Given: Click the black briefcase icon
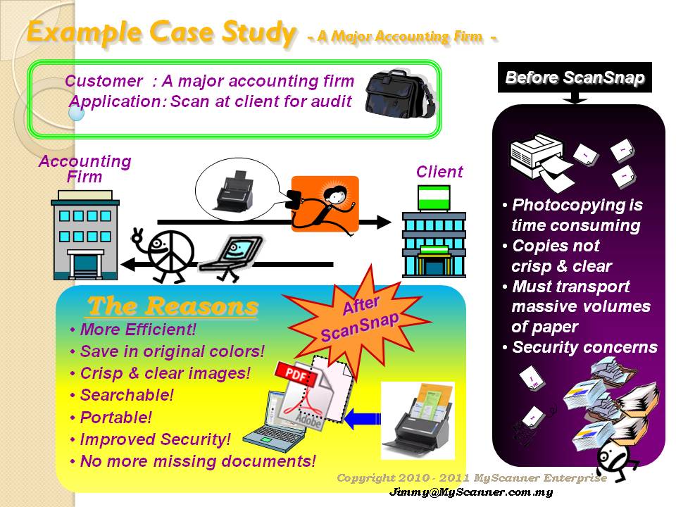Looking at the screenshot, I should click(x=399, y=94).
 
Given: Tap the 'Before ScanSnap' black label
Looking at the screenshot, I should click(x=575, y=77).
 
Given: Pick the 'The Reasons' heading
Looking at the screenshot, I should click(x=173, y=306).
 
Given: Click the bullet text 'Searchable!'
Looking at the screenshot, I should click(x=127, y=395).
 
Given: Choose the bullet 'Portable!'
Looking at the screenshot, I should click(x=116, y=417).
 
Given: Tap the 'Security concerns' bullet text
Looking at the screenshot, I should click(x=584, y=347).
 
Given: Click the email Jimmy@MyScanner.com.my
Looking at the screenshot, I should click(x=471, y=492).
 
